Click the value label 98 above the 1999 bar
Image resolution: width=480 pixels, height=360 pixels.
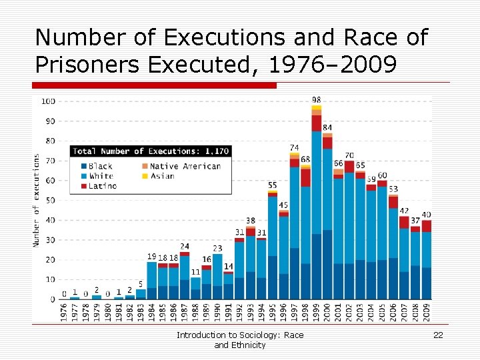tap(316, 100)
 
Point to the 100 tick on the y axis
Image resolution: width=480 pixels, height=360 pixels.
tap(49, 101)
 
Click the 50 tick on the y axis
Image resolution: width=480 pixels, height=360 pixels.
tap(51, 200)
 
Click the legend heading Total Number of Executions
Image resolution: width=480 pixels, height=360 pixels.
tap(151, 151)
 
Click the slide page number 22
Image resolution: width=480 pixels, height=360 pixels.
tap(438, 335)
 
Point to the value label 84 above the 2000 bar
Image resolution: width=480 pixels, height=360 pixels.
tap(327, 127)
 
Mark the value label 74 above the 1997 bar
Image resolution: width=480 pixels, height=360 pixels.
tap(294, 147)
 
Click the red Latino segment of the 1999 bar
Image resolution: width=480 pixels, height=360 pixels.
tap(316, 123)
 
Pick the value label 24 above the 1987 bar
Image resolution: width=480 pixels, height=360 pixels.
tap(185, 247)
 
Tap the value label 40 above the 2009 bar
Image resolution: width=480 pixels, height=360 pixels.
tap(427, 215)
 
